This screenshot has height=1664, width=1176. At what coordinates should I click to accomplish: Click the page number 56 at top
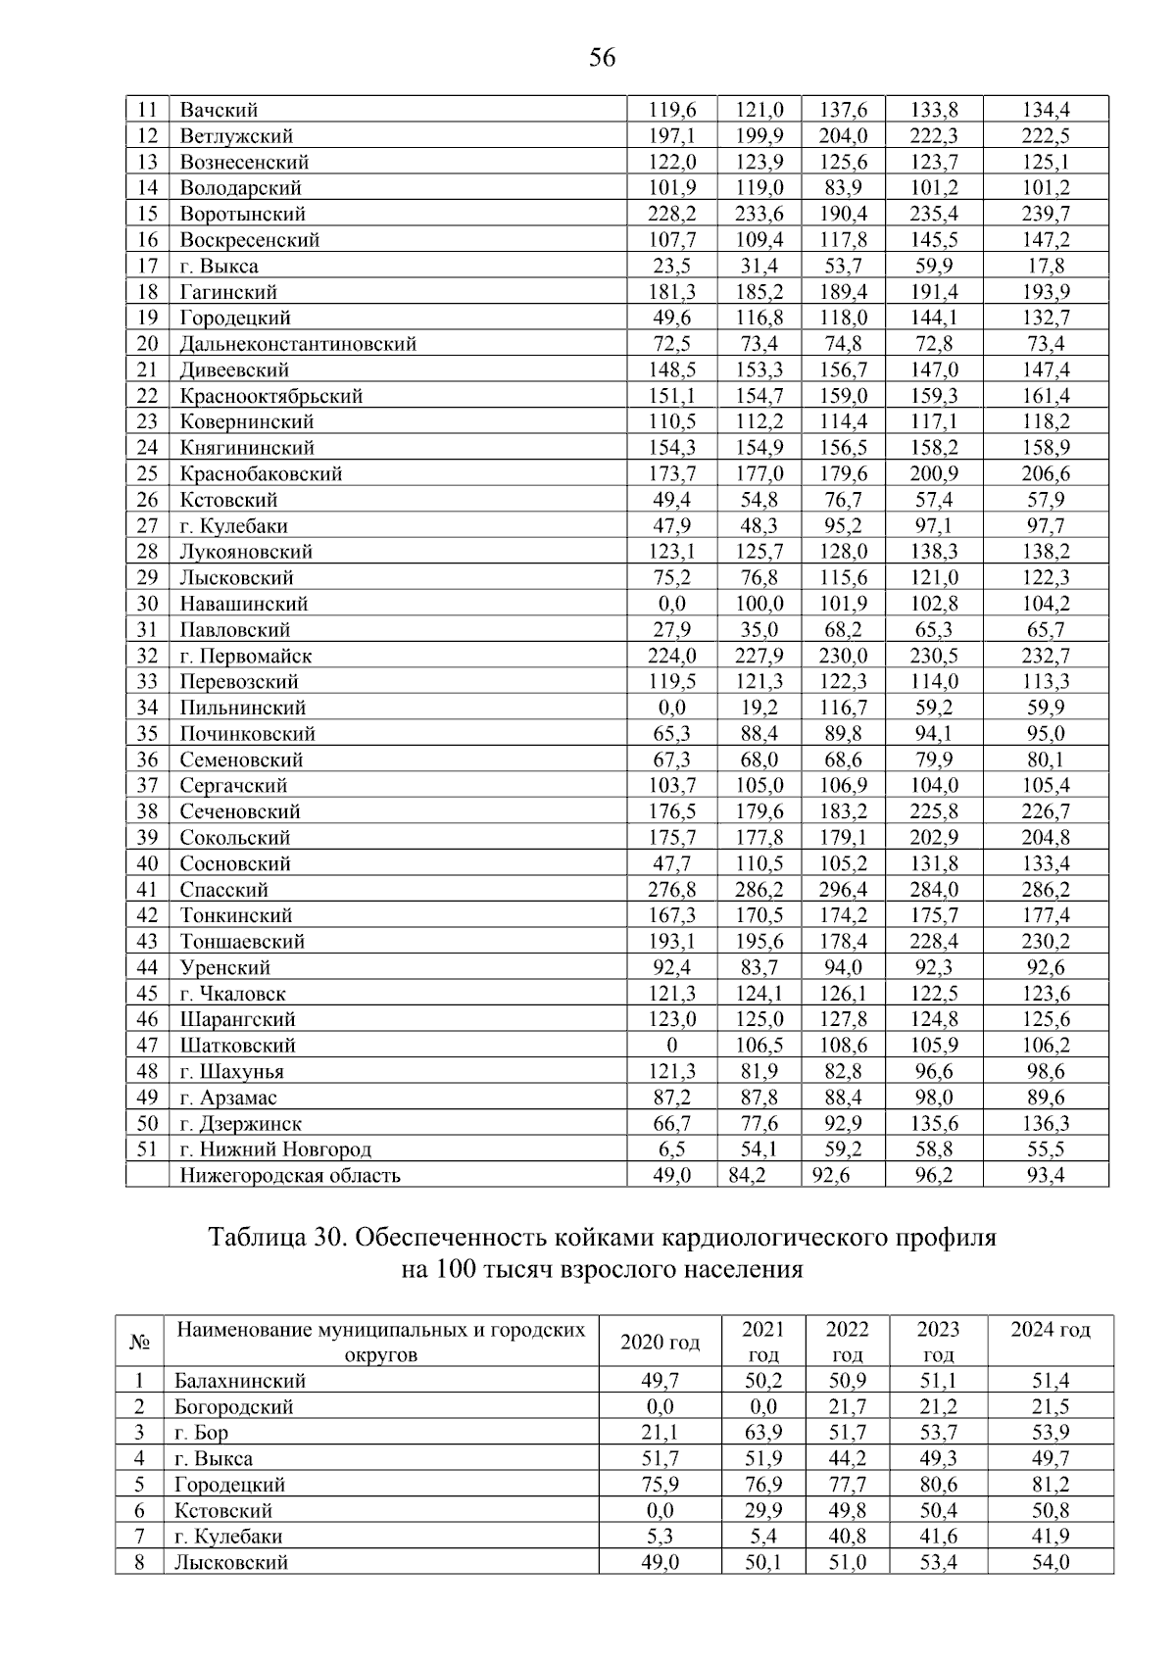coord(602,59)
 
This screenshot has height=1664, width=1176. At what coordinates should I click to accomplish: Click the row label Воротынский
coord(242,214)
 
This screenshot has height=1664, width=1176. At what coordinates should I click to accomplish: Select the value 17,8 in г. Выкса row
coord(1047,266)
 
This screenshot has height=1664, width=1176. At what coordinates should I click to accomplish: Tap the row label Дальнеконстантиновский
coord(298,344)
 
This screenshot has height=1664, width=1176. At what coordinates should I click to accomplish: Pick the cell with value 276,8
coord(671,890)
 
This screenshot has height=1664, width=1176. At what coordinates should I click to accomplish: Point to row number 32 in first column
coord(147,656)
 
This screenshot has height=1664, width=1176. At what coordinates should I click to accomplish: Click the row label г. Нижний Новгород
coord(275,1150)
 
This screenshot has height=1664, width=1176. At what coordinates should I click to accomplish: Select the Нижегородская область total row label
coord(290,1175)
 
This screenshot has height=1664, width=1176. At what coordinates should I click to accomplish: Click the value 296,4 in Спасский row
coord(843,890)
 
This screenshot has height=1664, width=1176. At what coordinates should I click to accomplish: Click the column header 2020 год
coord(660,1343)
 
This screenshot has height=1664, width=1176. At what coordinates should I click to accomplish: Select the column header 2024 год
coord(1050,1330)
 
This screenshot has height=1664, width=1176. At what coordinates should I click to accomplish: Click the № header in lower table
coord(139,1343)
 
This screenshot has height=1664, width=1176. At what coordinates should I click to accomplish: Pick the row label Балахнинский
coord(240,1381)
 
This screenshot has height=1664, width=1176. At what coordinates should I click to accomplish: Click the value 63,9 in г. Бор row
coord(762,1433)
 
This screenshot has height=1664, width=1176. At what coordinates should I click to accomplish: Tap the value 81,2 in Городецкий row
coord(1050,1485)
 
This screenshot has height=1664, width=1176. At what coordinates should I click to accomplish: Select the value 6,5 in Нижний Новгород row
coord(671,1150)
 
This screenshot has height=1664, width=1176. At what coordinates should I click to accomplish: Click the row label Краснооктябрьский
coord(270,396)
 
